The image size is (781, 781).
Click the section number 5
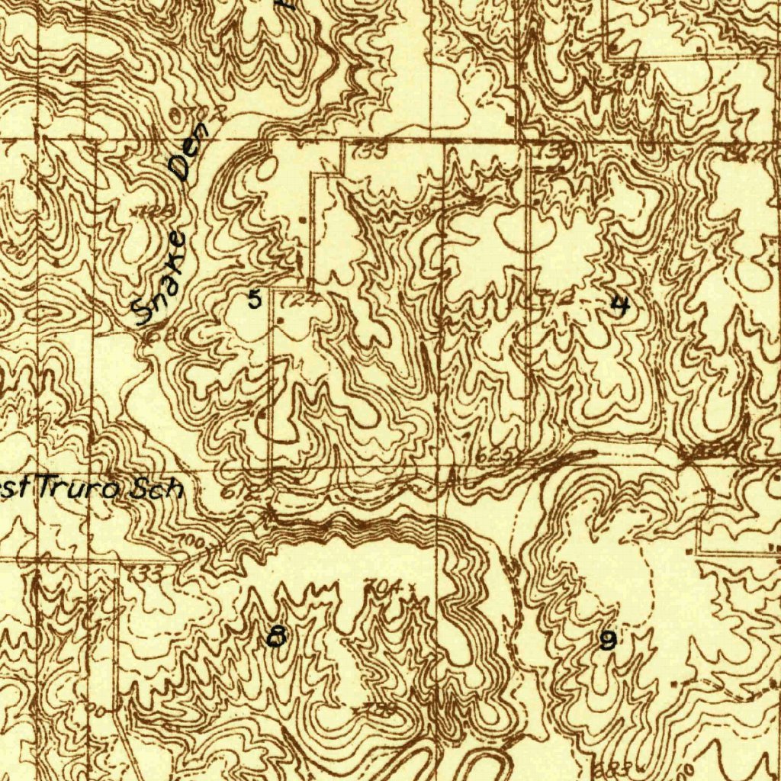tap(255, 299)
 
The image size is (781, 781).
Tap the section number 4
tap(621, 306)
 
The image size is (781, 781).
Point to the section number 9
tap(607, 641)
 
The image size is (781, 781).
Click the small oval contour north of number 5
tap(264, 168)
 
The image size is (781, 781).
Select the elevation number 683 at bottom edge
tap(610, 766)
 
